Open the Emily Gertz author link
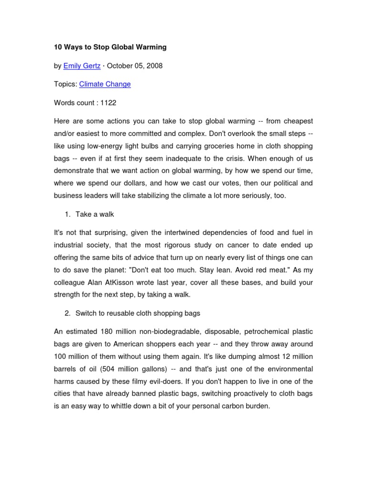click(82, 66)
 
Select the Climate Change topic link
click(105, 84)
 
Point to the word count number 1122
click(108, 102)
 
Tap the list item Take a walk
click(95, 214)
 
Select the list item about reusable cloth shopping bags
click(138, 313)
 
